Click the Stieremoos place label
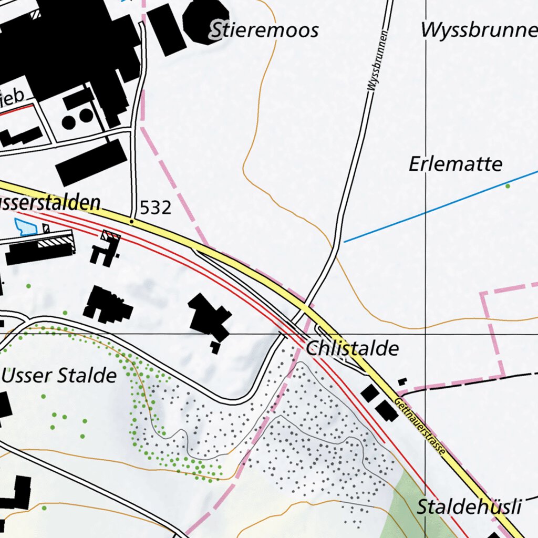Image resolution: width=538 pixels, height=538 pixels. (264, 30)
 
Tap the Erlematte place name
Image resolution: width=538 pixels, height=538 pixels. (456, 164)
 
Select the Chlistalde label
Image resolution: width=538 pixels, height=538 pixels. (352, 349)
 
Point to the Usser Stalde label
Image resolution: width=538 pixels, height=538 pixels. (59, 376)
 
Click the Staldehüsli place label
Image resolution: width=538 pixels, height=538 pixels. (469, 508)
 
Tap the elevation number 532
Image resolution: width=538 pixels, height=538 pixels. (156, 209)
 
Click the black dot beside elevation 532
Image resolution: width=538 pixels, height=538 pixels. (131, 222)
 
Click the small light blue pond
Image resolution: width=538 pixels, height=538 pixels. (25, 226)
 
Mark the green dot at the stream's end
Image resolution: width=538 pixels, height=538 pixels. (508, 186)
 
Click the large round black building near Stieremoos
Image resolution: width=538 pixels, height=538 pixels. (206, 21)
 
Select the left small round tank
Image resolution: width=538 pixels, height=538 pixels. (68, 122)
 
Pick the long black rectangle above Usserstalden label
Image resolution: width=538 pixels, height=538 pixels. (91, 163)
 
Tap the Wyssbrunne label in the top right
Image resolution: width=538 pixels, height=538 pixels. (478, 30)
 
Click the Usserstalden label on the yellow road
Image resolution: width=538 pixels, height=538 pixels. (50, 203)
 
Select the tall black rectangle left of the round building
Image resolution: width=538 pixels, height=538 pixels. (166, 29)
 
